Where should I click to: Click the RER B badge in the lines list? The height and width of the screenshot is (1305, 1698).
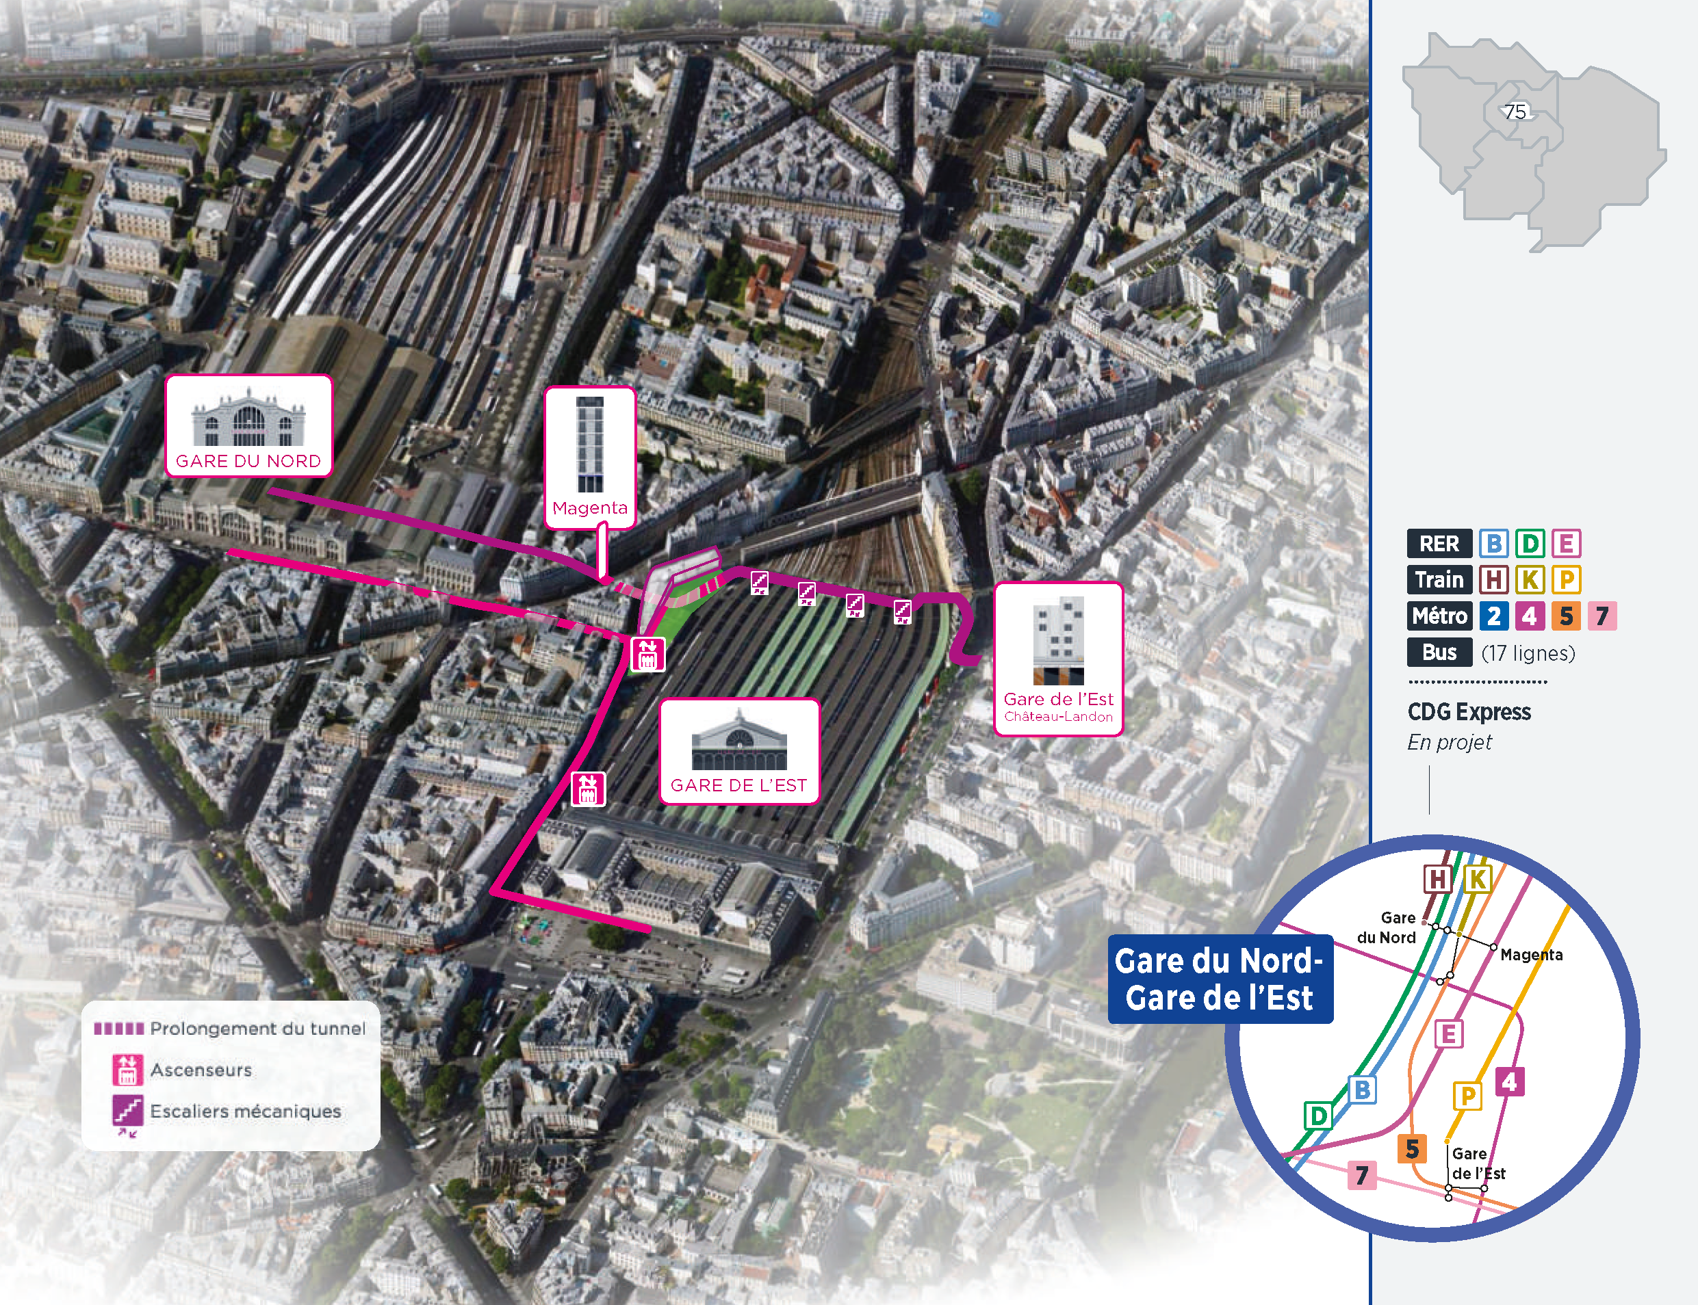(1493, 544)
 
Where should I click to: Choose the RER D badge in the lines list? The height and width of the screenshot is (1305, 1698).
(1530, 544)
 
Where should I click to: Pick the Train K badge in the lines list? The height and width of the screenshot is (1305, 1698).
(1530, 579)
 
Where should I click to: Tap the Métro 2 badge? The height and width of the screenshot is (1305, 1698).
(1493, 616)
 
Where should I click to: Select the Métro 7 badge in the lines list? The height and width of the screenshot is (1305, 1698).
(1601, 616)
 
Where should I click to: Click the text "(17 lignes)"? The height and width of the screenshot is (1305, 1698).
(1528, 653)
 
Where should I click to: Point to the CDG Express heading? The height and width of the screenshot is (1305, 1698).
(1469, 712)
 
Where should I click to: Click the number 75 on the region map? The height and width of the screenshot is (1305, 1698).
(1515, 112)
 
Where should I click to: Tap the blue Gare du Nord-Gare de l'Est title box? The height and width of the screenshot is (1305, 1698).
(1220, 979)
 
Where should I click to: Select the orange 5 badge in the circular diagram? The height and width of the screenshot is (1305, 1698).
(1412, 1149)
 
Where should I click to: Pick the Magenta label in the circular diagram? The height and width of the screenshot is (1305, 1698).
(1531, 955)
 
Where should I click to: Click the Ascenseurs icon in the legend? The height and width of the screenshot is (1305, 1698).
(127, 1070)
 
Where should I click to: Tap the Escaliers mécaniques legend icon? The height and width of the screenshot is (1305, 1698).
(127, 1111)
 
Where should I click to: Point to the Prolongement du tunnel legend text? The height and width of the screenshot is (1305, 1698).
(257, 1029)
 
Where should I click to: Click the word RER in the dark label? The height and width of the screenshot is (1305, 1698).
(1439, 544)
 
